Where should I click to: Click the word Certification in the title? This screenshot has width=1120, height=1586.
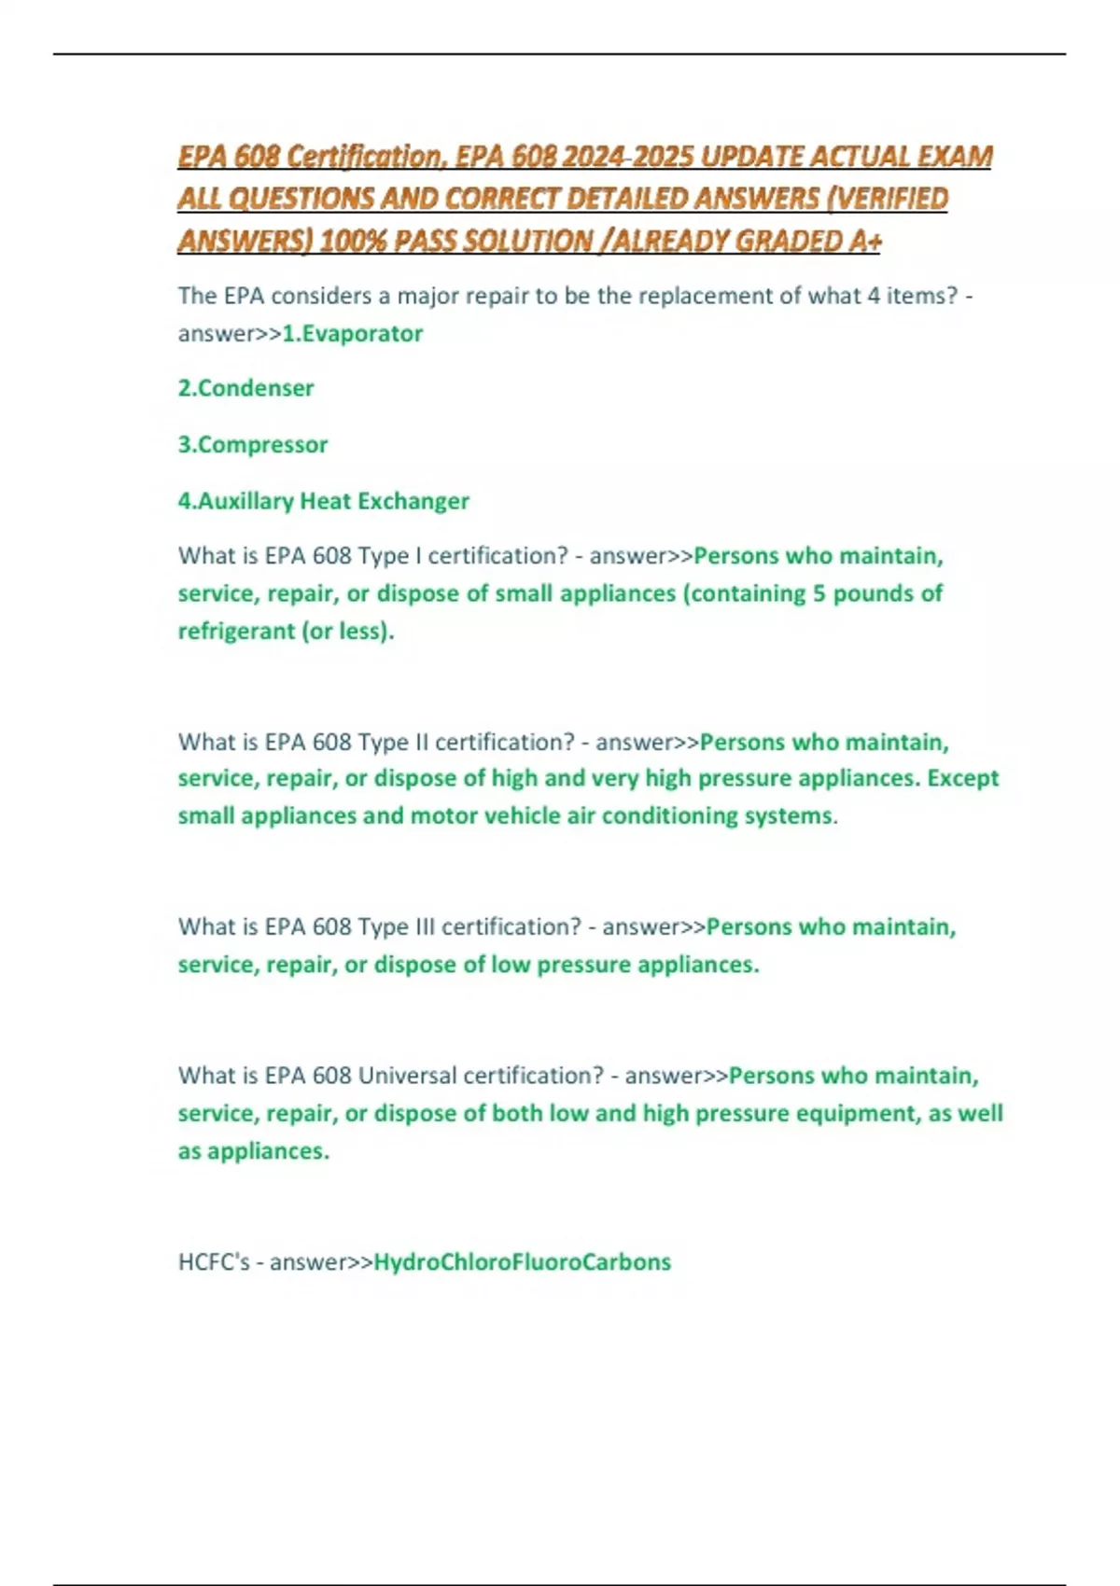363,156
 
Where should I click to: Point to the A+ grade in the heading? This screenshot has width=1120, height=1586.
865,242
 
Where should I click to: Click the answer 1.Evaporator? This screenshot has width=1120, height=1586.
353,333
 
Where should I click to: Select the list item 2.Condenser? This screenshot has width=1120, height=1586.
245,388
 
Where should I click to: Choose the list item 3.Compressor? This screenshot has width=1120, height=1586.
253,444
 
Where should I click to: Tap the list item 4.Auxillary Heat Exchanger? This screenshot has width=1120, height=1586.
323,501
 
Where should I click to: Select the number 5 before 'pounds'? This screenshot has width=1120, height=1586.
819,593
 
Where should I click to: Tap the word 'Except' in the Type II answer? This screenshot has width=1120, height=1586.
963,778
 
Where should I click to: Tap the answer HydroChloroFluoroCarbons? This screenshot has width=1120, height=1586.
522,1262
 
